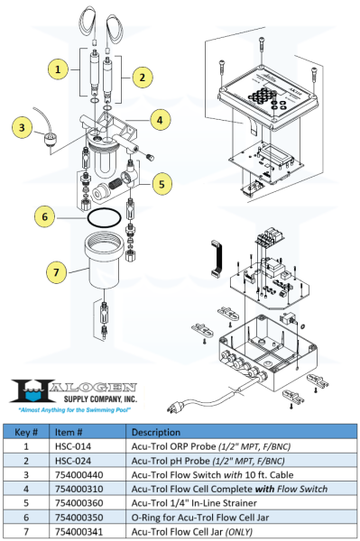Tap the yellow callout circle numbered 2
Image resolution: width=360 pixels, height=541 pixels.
140,77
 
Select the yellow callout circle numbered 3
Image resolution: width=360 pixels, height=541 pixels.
18,129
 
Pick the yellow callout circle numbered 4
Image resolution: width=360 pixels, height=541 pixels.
159,119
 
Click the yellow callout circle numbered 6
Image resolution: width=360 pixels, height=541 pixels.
42,216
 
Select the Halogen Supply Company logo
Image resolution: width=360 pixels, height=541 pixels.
72,390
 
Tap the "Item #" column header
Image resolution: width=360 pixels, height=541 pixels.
71,432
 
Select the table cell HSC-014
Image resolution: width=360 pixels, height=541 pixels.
74,445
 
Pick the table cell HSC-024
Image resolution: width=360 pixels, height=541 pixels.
74,460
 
